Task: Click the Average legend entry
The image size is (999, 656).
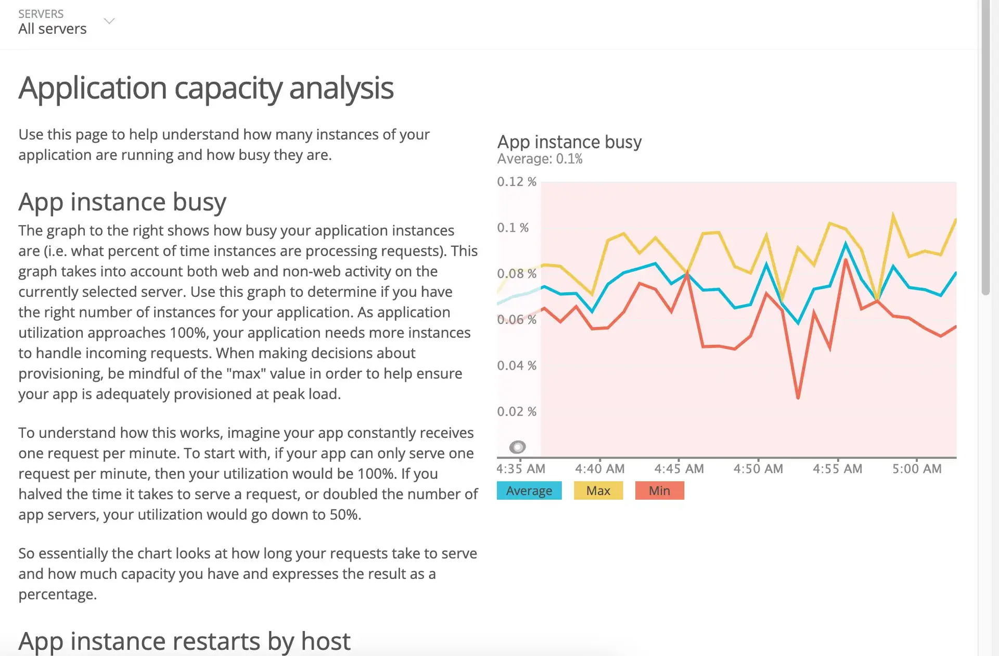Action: tap(529, 490)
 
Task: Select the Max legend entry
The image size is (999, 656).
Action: tap(598, 490)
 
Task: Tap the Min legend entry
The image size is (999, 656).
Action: tap(659, 490)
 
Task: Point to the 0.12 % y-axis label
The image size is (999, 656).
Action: tap(517, 182)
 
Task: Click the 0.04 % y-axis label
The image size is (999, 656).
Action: tap(517, 365)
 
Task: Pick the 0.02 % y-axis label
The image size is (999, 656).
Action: tap(517, 411)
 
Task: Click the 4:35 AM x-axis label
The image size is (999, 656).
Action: tap(521, 469)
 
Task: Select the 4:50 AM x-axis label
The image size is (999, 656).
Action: tap(758, 469)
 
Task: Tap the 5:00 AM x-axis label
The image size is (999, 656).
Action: tap(917, 469)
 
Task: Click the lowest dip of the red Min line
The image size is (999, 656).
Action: tap(798, 398)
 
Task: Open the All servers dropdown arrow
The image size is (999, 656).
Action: tap(109, 21)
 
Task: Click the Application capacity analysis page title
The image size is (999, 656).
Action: tap(206, 88)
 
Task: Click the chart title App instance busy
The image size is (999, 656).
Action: tap(569, 142)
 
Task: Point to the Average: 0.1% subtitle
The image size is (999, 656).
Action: tap(540, 159)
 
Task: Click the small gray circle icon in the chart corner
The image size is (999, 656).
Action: tap(517, 447)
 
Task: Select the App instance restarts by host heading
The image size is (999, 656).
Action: tap(184, 641)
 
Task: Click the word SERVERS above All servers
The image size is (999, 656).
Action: tap(41, 14)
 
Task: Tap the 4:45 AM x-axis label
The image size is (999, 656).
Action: tap(679, 469)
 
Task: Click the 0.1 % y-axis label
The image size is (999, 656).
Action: tap(513, 228)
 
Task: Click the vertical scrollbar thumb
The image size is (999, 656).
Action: tap(985, 147)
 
